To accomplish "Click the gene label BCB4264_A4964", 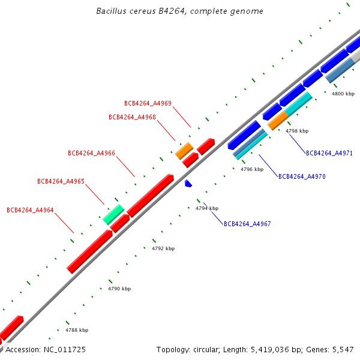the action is pyautogui.click(x=30, y=210).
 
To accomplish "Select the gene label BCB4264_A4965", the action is pyautogui.click(x=61, y=181).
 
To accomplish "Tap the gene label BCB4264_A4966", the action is pyautogui.click(x=91, y=153).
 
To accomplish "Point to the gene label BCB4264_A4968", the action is pyautogui.click(x=132, y=117).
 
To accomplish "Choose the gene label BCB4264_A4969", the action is pyautogui.click(x=148, y=103).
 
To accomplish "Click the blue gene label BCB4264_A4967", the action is pyautogui.click(x=247, y=224).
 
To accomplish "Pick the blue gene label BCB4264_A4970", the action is pyautogui.click(x=302, y=176).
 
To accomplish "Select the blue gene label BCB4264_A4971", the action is pyautogui.click(x=329, y=153).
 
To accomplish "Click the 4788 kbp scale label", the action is pyautogui.click(x=77, y=330).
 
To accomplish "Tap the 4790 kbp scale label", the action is pyautogui.click(x=119, y=289).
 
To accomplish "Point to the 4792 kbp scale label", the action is pyautogui.click(x=163, y=248).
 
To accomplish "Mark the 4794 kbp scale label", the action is pyautogui.click(x=207, y=208).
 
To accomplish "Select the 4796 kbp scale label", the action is pyautogui.click(x=252, y=169).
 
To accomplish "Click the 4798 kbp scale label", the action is pyautogui.click(x=297, y=131).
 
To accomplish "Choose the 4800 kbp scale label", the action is pyautogui.click(x=343, y=94).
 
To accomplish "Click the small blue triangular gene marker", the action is pyautogui.click(x=188, y=182).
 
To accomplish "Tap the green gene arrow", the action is pyautogui.click(x=113, y=214).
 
